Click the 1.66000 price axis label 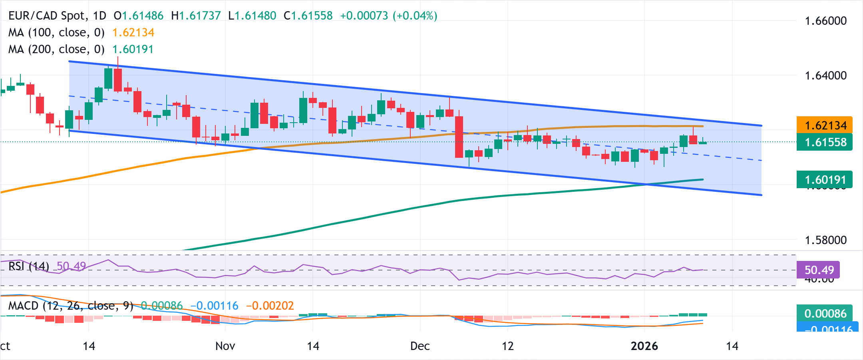[825, 21]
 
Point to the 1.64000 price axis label [825, 76]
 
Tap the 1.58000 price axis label [825, 240]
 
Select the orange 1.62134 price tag [824, 125]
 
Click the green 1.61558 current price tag [824, 142]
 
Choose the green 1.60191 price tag [824, 179]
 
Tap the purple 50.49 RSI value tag [818, 270]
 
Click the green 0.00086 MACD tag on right [824, 313]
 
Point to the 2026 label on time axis [644, 346]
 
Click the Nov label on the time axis [225, 346]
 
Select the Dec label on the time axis [420, 346]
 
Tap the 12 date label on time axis [507, 346]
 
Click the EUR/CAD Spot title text [48, 16]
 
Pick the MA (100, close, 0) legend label [56, 32]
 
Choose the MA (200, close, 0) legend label [56, 49]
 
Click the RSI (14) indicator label [29, 266]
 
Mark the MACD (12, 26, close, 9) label [71, 306]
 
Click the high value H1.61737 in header [196, 16]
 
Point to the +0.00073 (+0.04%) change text [388, 16]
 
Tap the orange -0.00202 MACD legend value [270, 306]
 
